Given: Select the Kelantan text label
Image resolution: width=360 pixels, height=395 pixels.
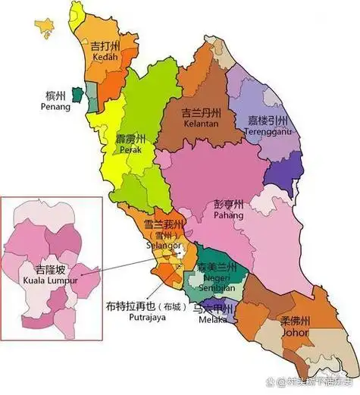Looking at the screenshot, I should [x=200, y=124].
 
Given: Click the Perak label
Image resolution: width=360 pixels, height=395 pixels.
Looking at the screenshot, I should [x=131, y=151].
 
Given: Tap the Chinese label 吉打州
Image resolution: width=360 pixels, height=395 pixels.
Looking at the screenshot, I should [x=106, y=46].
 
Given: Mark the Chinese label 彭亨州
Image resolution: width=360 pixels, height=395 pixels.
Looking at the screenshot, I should [x=227, y=205].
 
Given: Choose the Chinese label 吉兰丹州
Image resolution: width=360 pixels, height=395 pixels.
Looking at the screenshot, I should [x=201, y=112].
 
